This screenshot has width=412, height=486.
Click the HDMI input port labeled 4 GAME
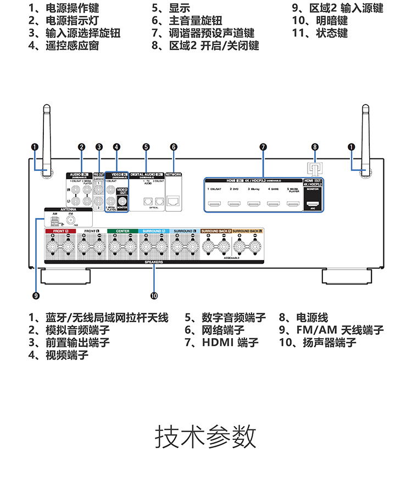(x=273, y=205)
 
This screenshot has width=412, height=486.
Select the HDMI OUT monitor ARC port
(x=311, y=205)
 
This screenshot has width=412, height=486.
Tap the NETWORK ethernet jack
(x=174, y=201)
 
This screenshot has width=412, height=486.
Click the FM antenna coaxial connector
(x=70, y=221)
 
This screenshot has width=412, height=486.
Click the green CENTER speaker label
(x=122, y=231)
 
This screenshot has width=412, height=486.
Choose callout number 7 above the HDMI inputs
(x=264, y=147)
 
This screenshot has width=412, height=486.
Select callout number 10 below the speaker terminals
(x=154, y=296)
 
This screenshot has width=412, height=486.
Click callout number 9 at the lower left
(x=36, y=296)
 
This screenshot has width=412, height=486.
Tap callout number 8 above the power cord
(x=315, y=147)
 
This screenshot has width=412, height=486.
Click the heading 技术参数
(x=206, y=437)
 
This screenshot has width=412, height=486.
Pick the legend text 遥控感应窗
(x=72, y=45)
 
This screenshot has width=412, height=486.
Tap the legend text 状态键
(x=331, y=33)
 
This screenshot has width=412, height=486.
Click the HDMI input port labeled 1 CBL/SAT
(x=215, y=205)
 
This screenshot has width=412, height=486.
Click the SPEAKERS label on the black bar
(x=154, y=262)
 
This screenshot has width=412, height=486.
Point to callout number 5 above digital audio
(x=146, y=147)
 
